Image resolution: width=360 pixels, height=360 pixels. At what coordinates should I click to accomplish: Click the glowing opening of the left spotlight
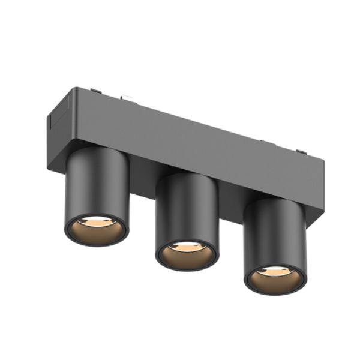click(x=96, y=229)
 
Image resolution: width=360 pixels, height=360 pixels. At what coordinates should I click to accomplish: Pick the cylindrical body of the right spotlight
click(x=275, y=231)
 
